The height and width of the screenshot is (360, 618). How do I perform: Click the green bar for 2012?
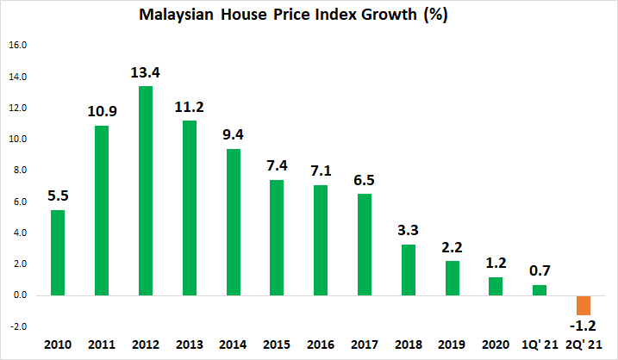pyautogui.click(x=146, y=190)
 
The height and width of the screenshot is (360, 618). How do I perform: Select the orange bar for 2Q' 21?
pyautogui.click(x=584, y=305)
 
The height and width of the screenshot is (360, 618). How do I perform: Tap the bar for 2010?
pyautogui.click(x=58, y=252)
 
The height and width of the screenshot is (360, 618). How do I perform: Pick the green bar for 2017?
pyautogui.click(x=365, y=245)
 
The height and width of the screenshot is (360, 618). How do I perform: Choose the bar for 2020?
pyautogui.click(x=496, y=286)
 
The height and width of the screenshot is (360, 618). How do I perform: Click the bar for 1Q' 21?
pyautogui.click(x=540, y=289)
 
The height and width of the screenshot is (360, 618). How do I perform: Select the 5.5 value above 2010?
pyautogui.click(x=58, y=195)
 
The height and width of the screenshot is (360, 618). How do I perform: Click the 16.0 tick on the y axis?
pyautogui.click(x=18, y=46)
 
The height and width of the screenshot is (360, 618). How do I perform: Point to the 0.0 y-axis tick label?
pyautogui.click(x=18, y=295)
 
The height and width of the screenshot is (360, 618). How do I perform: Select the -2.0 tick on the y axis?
pyautogui.click(x=17, y=326)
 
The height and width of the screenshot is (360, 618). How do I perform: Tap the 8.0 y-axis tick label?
pyautogui.click(x=18, y=171)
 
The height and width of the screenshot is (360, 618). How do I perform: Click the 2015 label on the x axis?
pyautogui.click(x=277, y=345)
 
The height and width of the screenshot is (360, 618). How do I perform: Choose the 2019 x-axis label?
pyautogui.click(x=452, y=345)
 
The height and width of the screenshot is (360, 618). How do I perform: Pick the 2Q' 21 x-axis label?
pyautogui.click(x=583, y=345)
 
